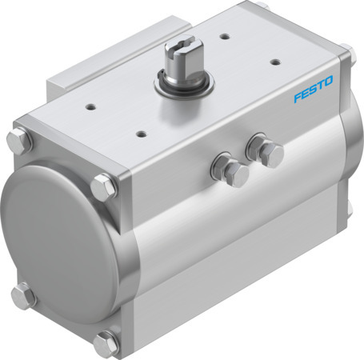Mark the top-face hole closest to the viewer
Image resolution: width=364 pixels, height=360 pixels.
pyautogui.click(x=141, y=133)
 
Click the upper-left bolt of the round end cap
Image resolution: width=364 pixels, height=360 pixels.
pyautogui.click(x=23, y=143)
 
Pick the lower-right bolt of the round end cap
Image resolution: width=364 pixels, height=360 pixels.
pyautogui.click(x=105, y=344)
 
